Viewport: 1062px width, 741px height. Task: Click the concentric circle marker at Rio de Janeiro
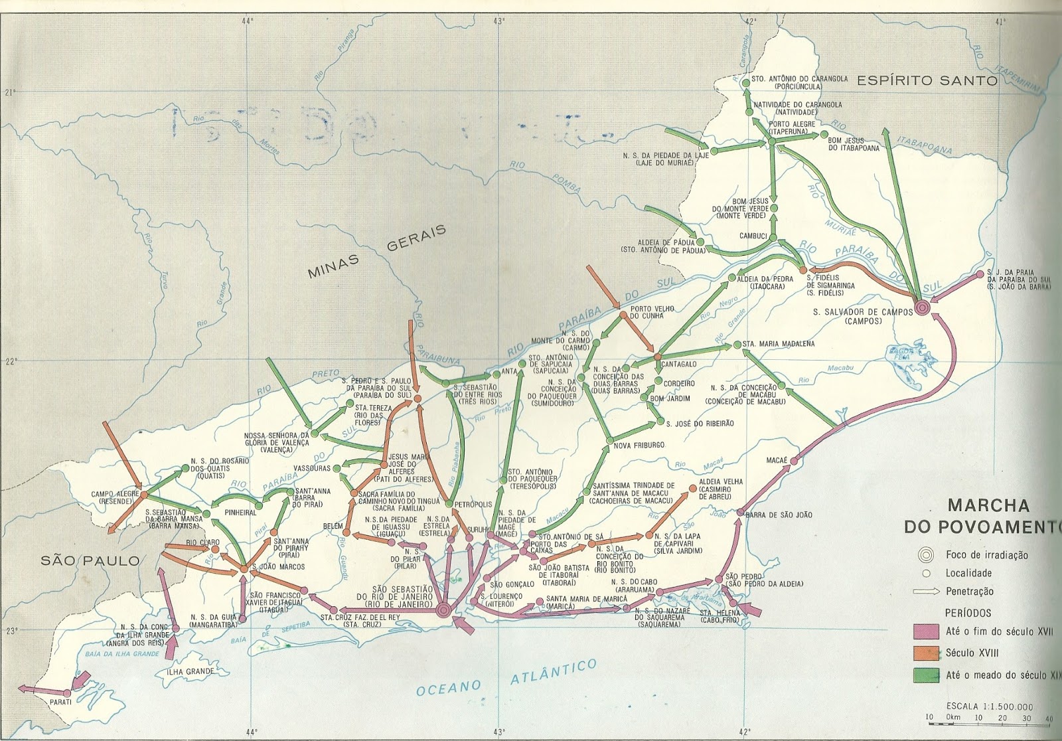click(444, 609)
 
